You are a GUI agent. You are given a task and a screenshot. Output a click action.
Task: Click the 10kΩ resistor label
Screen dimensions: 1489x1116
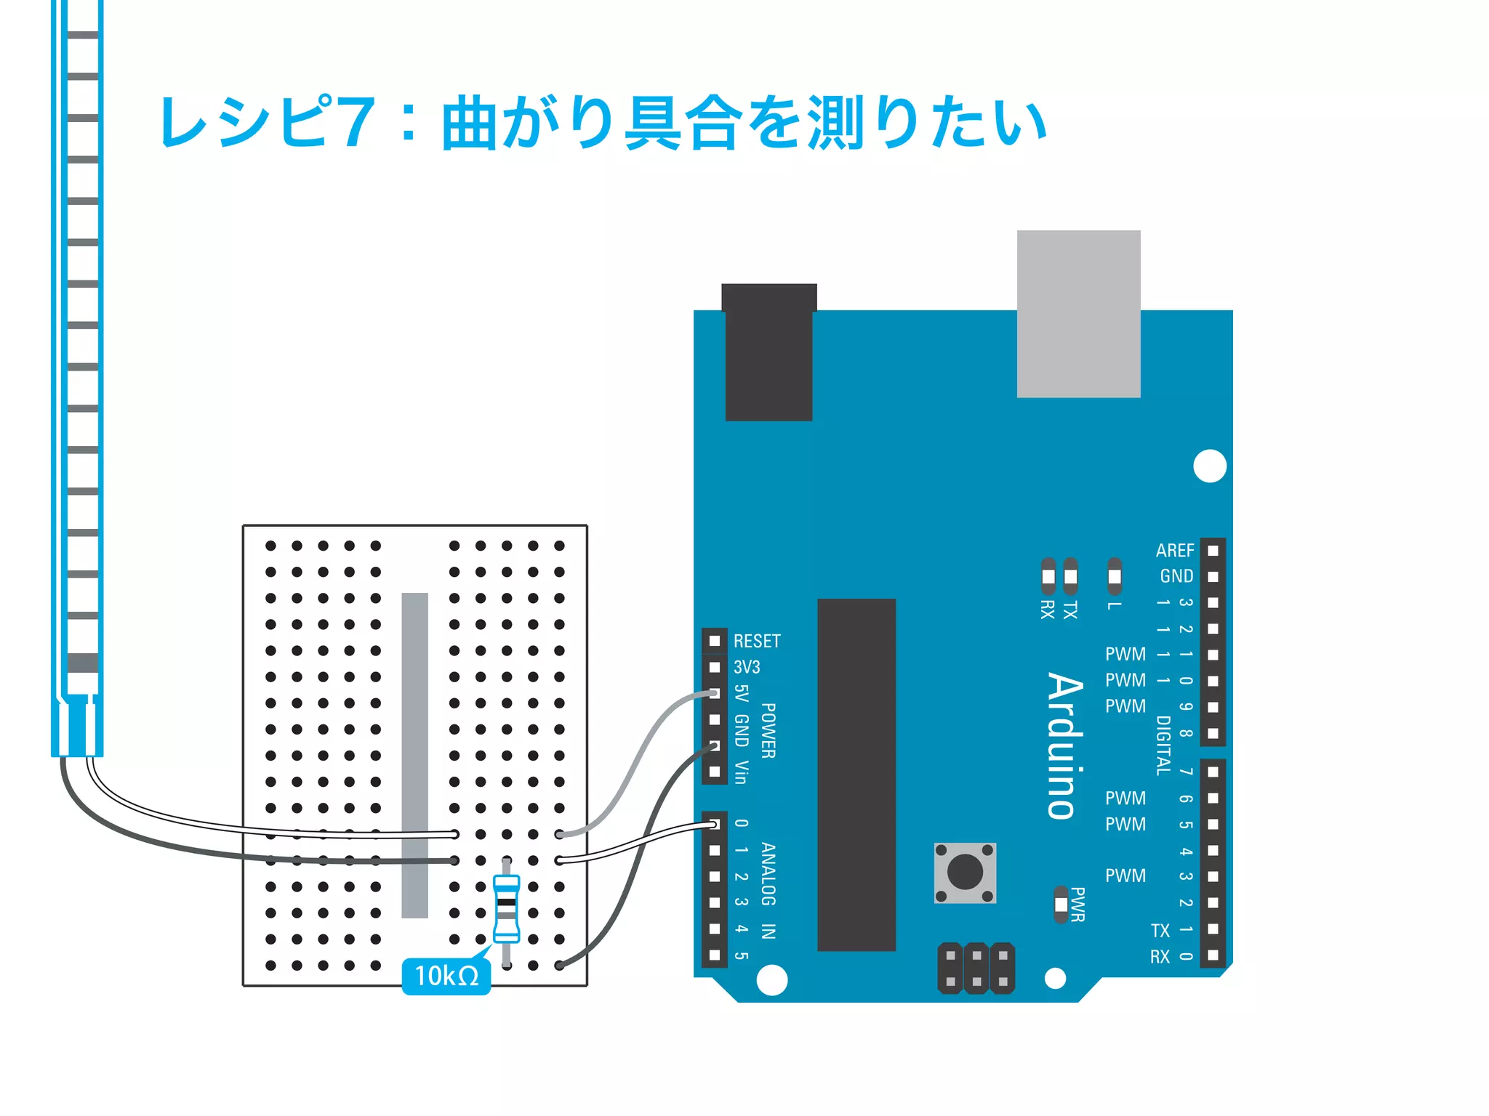point(446,976)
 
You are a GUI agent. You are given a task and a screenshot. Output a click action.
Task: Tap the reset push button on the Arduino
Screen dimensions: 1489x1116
point(965,873)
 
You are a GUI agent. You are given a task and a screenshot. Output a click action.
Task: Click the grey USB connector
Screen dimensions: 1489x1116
point(1078,314)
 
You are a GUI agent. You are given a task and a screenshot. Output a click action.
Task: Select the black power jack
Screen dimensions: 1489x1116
point(768,352)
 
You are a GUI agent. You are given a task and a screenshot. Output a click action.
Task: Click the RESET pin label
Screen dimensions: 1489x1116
point(757,641)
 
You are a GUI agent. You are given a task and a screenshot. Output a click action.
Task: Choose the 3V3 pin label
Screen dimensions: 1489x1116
point(747,667)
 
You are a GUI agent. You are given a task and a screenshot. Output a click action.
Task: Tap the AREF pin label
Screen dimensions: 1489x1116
point(1175,551)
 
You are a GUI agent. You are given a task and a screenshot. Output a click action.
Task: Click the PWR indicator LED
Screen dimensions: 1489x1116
point(1061,905)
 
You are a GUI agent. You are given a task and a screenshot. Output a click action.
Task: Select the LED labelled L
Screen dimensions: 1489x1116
point(1114,576)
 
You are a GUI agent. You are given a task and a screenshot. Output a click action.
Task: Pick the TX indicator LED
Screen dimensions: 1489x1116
point(1070,576)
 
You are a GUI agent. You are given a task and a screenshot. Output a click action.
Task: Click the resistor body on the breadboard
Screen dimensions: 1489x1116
point(506,908)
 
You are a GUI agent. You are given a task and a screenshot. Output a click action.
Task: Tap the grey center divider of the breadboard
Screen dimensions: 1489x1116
point(415,755)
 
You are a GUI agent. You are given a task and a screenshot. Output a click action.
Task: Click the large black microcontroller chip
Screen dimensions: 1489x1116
point(856,775)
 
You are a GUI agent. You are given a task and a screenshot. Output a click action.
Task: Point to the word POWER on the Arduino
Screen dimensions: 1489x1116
point(768,730)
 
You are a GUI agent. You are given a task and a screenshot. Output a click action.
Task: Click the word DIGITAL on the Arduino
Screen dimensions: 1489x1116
point(1163,745)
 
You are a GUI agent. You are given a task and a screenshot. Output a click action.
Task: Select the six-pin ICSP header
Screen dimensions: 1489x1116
point(976,969)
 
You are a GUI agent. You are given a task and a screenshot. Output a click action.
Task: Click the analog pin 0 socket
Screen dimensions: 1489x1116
point(714,824)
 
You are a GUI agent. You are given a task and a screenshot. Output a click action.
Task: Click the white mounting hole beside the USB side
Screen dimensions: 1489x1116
point(1210,466)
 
